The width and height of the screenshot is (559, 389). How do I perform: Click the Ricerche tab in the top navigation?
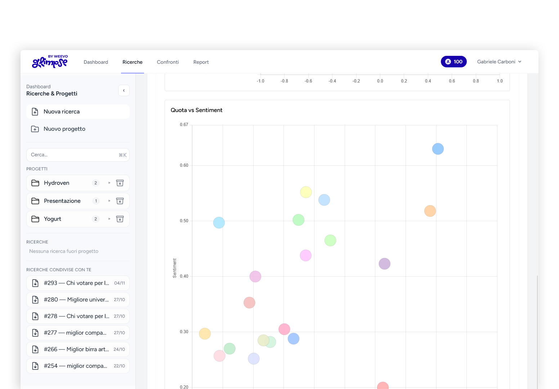click(132, 62)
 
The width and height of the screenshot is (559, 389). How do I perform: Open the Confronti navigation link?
click(168, 62)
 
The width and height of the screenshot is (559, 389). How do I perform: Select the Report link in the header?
click(201, 62)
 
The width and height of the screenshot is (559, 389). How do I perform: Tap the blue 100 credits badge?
click(453, 62)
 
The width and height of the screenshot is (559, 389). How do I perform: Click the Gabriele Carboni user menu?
click(499, 62)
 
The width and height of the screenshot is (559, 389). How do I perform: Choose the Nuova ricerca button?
click(78, 112)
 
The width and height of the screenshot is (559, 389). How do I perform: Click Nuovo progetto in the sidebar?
click(64, 129)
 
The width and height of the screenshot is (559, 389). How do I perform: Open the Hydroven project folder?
click(57, 183)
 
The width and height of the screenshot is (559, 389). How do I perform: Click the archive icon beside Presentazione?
click(120, 201)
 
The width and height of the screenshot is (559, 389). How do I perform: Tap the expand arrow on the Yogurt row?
click(109, 219)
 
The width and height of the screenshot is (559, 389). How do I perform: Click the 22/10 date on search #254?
click(119, 366)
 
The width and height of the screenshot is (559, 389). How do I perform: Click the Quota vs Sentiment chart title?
click(196, 110)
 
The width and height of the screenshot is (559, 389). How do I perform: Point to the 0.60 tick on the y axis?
click(184, 165)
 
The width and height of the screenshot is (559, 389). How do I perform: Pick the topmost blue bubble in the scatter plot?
click(438, 149)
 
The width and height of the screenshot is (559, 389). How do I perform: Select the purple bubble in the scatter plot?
click(384, 264)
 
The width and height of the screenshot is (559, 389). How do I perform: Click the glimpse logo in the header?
click(50, 62)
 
